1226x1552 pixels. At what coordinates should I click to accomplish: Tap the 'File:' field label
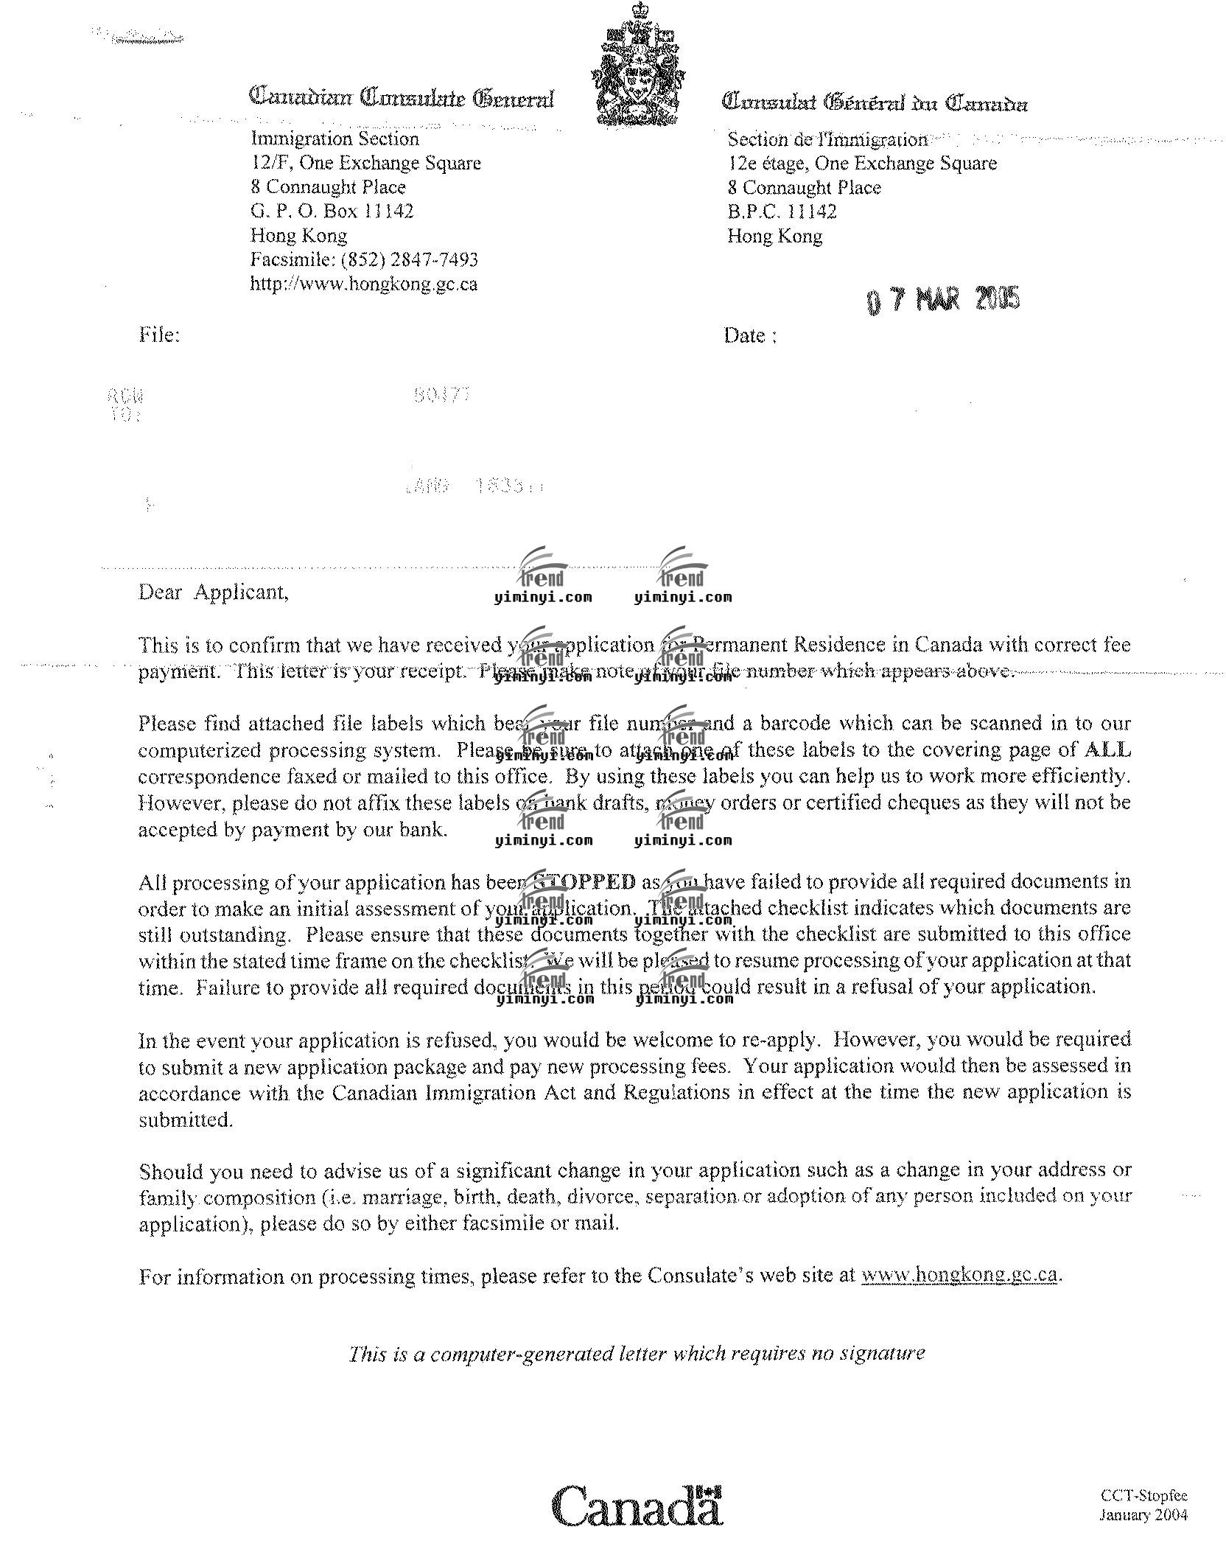pyautogui.click(x=159, y=335)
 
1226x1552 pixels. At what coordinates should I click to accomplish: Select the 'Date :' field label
pyautogui.click(x=750, y=336)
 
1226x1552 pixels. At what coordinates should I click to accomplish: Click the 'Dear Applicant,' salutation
pyautogui.click(x=214, y=593)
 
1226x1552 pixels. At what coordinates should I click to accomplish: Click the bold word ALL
pyautogui.click(x=1107, y=750)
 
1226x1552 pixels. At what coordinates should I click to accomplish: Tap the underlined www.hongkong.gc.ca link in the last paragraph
pyautogui.click(x=960, y=1275)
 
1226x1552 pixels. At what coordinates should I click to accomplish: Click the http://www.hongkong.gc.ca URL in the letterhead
pyautogui.click(x=364, y=284)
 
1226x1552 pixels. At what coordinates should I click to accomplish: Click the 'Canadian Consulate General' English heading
pyautogui.click(x=402, y=98)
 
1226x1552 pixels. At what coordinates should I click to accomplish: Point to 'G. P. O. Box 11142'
pyautogui.click(x=332, y=212)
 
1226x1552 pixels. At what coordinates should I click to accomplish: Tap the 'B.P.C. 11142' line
pyautogui.click(x=782, y=212)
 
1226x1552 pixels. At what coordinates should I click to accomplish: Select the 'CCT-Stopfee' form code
pyautogui.click(x=1143, y=1495)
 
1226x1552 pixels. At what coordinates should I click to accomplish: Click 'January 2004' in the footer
pyautogui.click(x=1143, y=1514)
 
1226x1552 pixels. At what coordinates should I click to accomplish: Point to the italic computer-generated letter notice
pyautogui.click(x=637, y=1354)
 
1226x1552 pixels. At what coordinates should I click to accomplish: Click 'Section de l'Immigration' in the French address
pyautogui.click(x=827, y=139)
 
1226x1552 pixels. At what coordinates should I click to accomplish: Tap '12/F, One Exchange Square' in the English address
pyautogui.click(x=365, y=163)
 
